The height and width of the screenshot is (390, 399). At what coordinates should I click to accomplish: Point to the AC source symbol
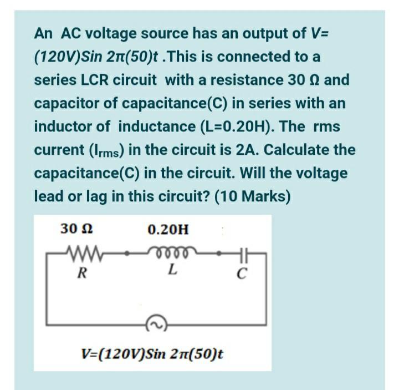pos(154,323)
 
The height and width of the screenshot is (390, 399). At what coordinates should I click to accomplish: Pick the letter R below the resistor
pos(81,272)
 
